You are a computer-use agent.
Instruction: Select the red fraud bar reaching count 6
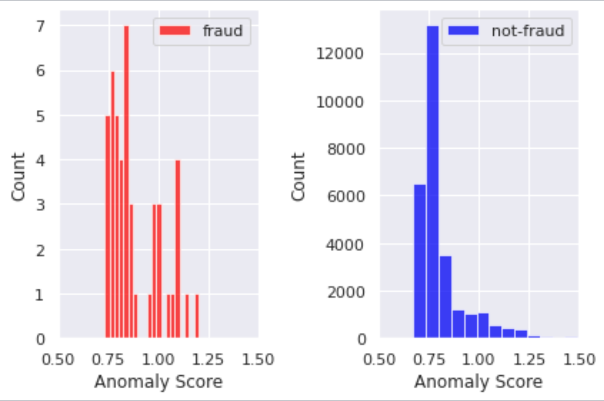pos(113,204)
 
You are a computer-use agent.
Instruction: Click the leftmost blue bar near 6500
pos(420,261)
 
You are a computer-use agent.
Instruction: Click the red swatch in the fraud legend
pos(175,31)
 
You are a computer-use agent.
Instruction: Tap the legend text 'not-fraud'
pos(528,31)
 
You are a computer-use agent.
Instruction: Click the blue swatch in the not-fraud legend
pos(463,31)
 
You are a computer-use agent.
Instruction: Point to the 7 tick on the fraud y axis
pos(40,27)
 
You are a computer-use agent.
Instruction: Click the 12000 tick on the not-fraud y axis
pos(340,53)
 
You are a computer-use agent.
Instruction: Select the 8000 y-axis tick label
pos(345,149)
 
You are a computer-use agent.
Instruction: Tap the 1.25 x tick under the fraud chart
pos(208,359)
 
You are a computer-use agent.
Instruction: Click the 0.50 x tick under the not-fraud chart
pos(380,359)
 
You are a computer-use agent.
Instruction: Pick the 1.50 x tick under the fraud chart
pos(258,359)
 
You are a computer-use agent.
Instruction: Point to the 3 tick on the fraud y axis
pos(40,205)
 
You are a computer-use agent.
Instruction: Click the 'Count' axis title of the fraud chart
pos(18,177)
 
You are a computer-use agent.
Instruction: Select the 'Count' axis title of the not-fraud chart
pos(298,177)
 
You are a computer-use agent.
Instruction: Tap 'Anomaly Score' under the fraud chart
pos(158,382)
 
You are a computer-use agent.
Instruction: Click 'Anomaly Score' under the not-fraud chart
pos(478,382)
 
